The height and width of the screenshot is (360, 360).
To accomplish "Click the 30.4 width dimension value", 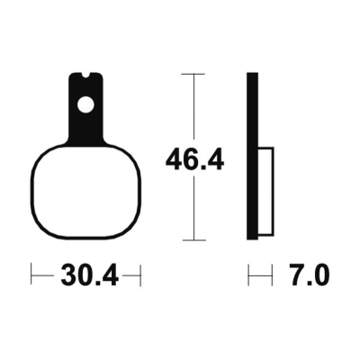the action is click(x=89, y=275).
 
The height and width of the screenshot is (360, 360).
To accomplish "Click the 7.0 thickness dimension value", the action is click(x=309, y=275).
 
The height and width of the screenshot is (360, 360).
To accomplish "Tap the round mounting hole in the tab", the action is click(x=85, y=105).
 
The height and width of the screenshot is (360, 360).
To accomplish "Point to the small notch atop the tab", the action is click(x=86, y=76).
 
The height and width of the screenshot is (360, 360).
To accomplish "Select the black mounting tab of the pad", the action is click(x=86, y=109).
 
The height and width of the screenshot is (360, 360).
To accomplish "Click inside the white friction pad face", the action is click(x=85, y=192).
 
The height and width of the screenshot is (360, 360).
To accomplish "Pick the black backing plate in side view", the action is click(x=252, y=156).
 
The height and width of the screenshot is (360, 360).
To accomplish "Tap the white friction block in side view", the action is click(x=265, y=191).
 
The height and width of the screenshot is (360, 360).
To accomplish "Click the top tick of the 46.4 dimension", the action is click(x=194, y=74).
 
